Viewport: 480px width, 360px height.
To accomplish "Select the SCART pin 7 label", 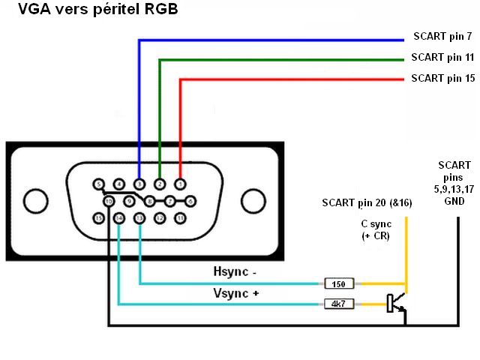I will point(442,36).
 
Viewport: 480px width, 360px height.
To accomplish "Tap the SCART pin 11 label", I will point(442,57).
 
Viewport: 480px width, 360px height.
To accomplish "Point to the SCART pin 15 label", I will point(442,78).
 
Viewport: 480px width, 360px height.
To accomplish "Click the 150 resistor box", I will point(339,283).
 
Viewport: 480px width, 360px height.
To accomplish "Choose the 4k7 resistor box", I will point(339,304).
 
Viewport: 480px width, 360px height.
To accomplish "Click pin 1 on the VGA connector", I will point(180,183).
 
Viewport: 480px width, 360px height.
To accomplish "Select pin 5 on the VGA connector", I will point(98,183).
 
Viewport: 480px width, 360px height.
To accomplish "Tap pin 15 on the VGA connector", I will point(98,217).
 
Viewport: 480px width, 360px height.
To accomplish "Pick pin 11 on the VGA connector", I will point(180,217).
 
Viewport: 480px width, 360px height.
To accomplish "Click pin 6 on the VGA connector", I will point(190,200).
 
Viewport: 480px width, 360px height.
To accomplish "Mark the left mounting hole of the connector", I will point(37,200).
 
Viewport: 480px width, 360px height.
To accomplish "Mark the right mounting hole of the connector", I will point(251,200).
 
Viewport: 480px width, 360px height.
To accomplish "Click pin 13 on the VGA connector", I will point(139,217).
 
